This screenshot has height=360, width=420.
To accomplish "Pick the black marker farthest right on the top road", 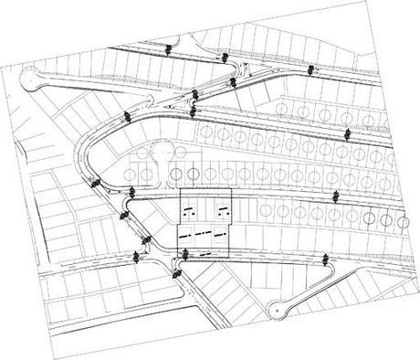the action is click(x=311, y=70).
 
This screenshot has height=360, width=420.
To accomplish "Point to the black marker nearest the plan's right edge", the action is click(x=346, y=134).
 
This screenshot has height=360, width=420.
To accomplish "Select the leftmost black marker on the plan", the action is click(x=93, y=181).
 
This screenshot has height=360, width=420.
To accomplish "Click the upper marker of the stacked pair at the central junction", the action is click(x=197, y=93).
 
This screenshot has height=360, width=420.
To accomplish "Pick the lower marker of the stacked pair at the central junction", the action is click(x=196, y=111).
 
